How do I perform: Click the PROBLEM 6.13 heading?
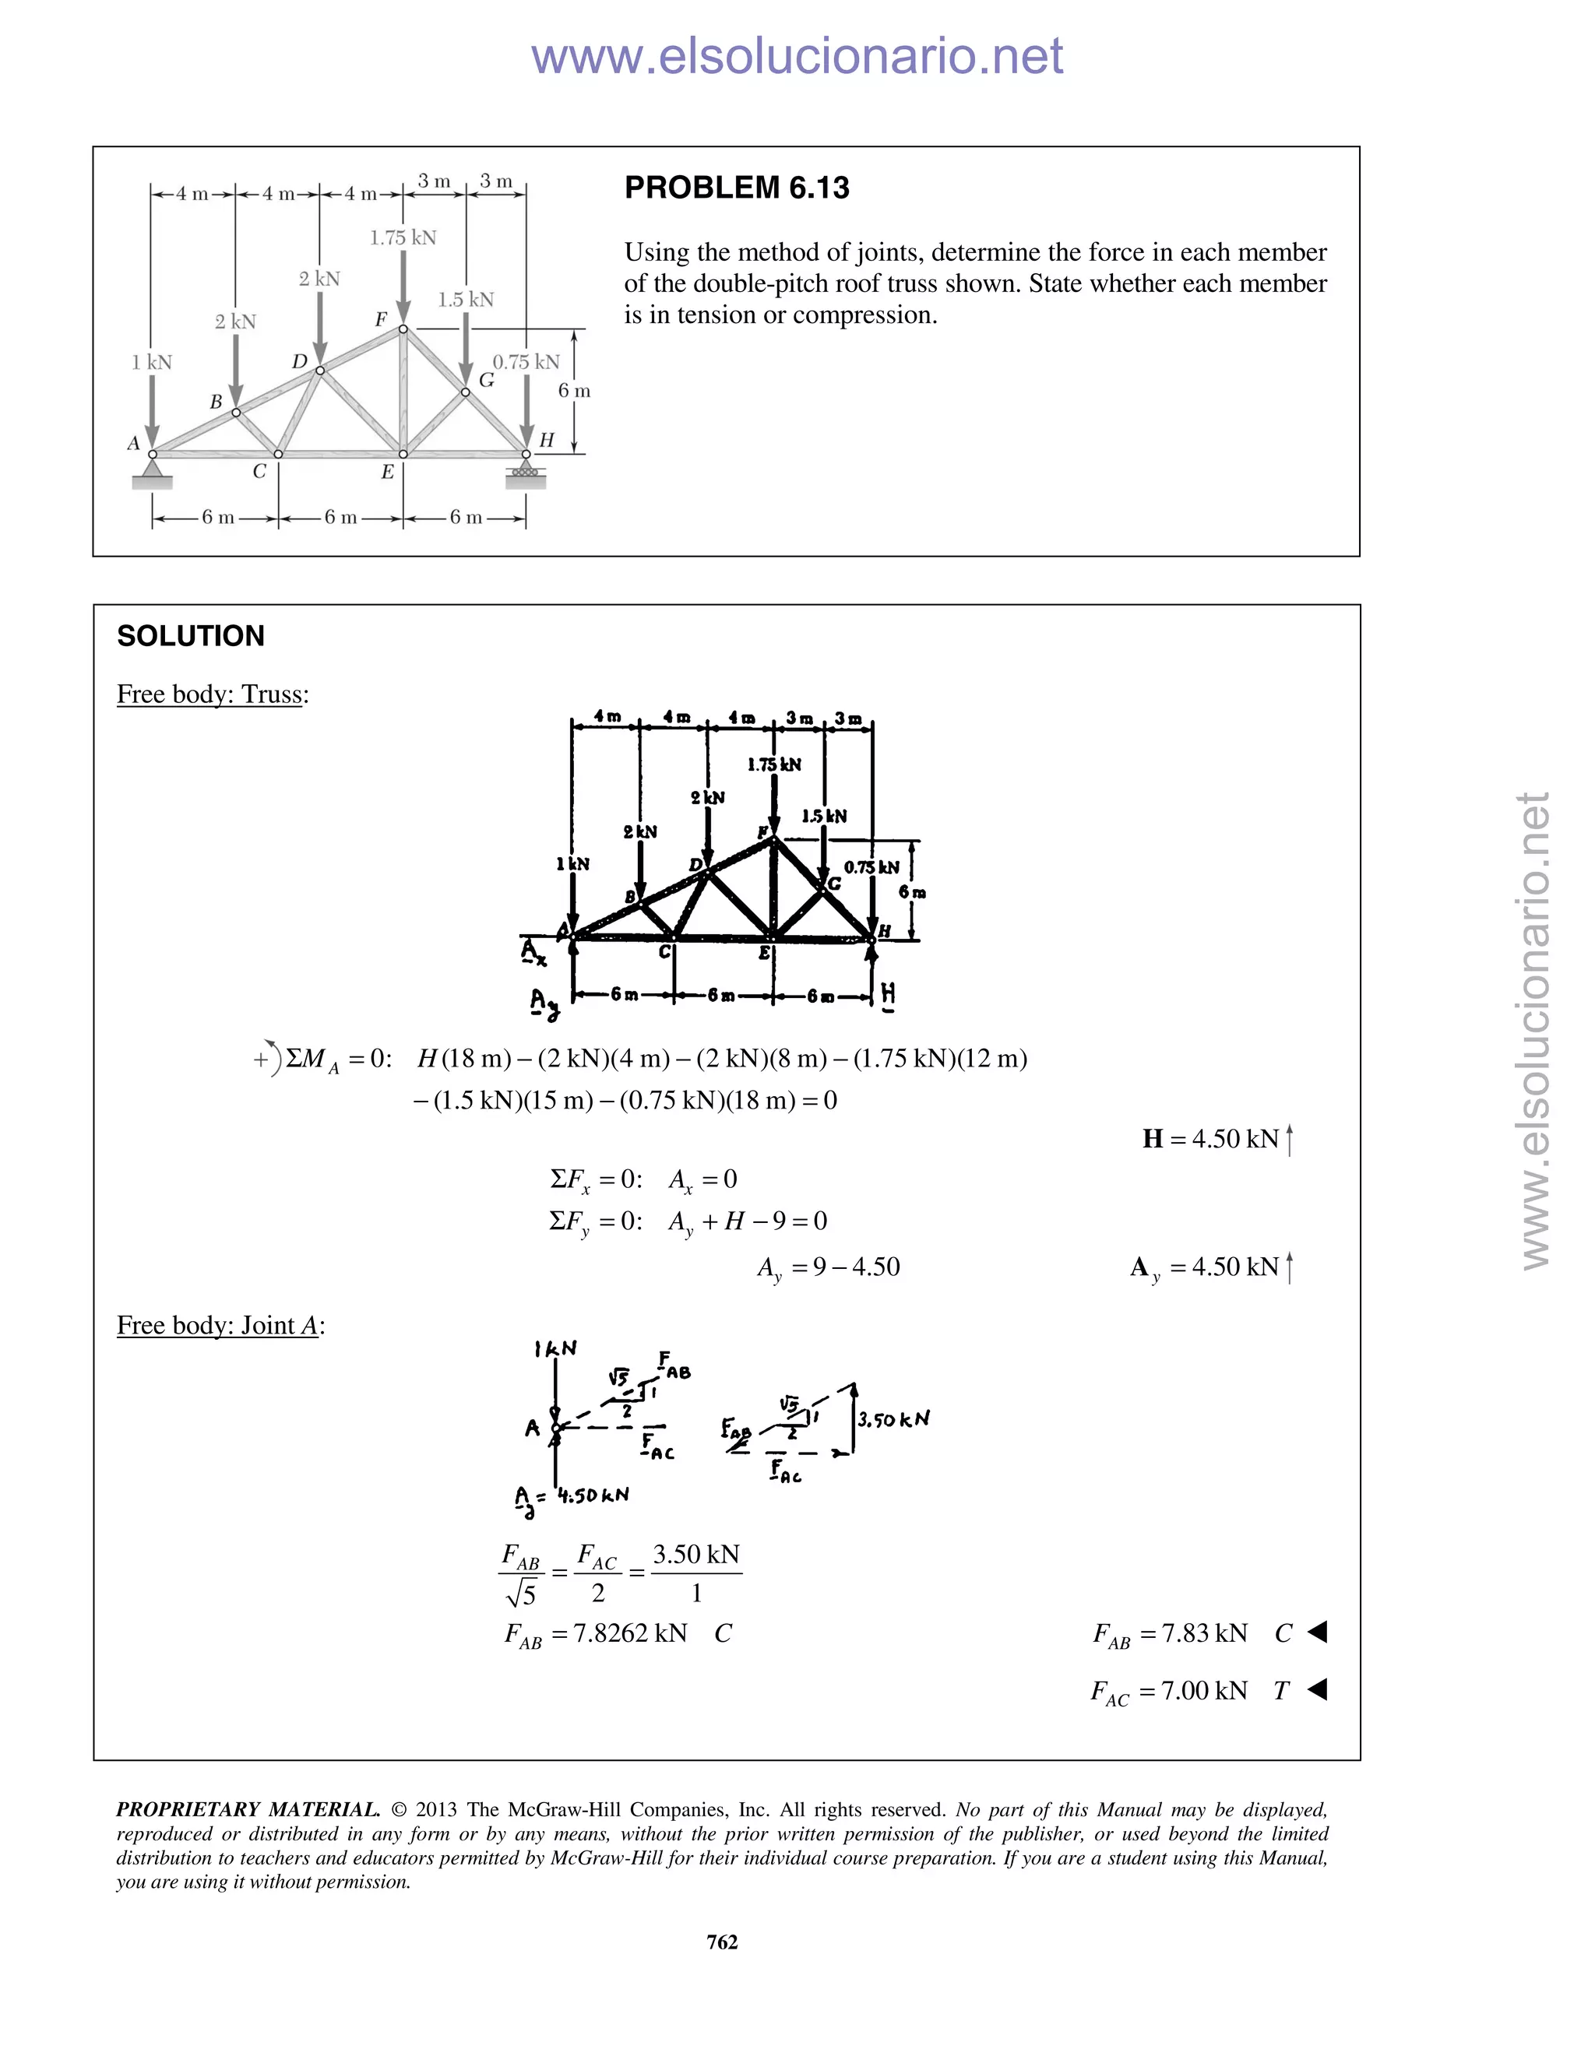736,188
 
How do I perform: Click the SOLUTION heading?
190,636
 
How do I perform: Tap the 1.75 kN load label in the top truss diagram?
403,238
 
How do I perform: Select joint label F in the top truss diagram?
381,319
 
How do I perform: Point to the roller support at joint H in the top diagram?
526,473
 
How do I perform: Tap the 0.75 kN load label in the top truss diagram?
526,362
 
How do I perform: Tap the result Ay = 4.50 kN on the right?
1210,1267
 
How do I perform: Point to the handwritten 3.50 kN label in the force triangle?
893,1418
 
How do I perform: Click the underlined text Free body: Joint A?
219,1325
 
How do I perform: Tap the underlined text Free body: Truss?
212,694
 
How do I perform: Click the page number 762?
722,1942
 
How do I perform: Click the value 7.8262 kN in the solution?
630,1633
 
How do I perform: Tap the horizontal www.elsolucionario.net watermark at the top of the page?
797,57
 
